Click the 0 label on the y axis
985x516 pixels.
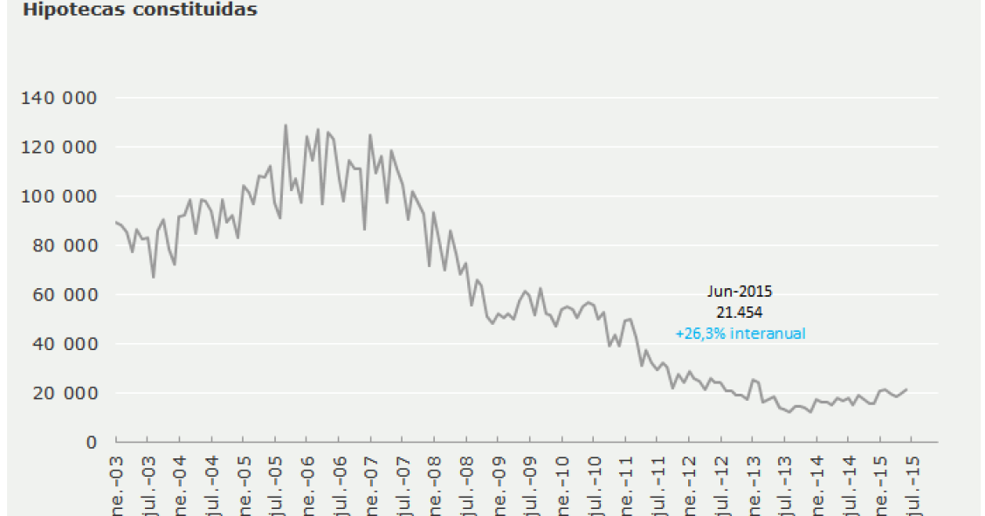click(x=91, y=442)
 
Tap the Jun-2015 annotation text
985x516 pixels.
click(x=740, y=292)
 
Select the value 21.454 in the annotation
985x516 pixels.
click(x=740, y=312)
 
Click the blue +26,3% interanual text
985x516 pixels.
click(x=740, y=333)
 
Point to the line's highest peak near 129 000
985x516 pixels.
click(x=286, y=125)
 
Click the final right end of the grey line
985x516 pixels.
click(x=907, y=389)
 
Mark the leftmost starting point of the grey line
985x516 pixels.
click(x=116, y=222)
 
